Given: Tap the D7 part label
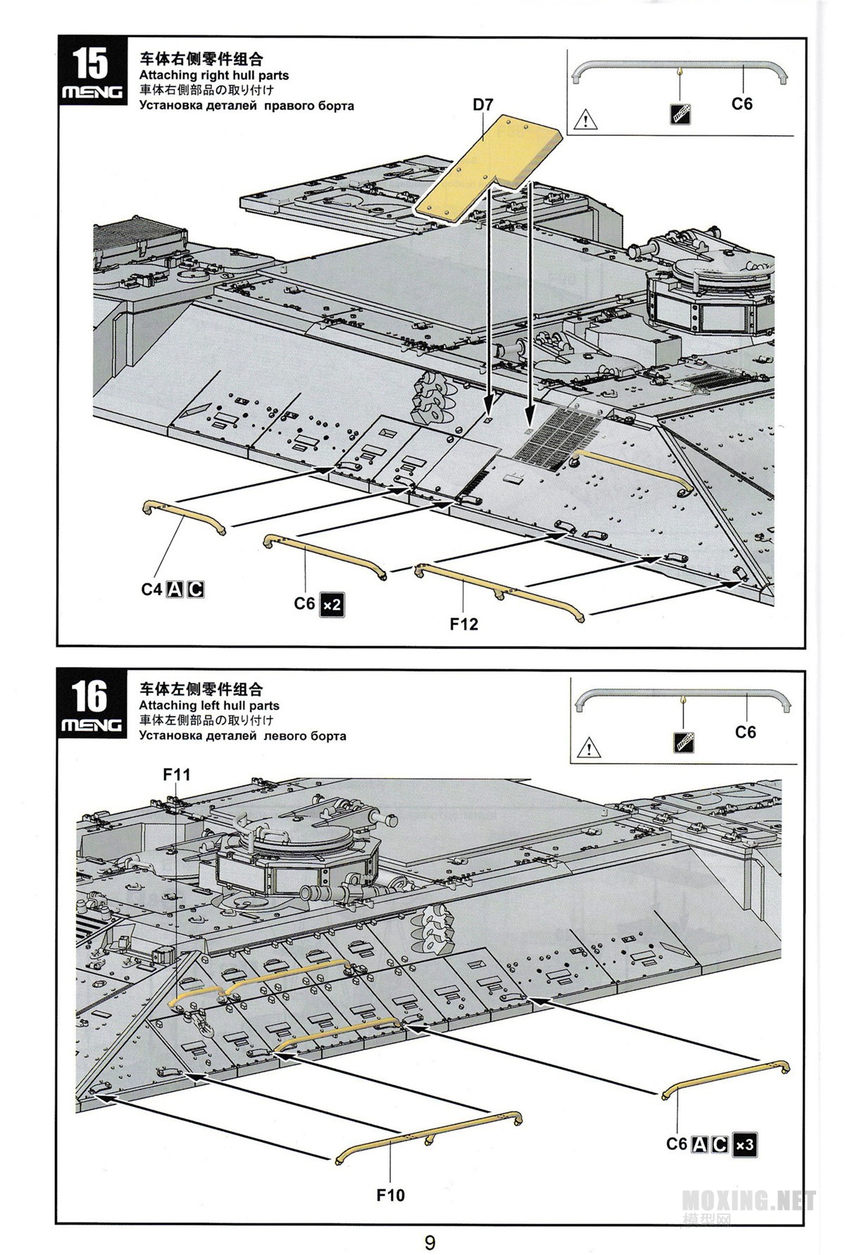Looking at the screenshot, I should pyautogui.click(x=483, y=104).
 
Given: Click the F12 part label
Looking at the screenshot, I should pyautogui.click(x=464, y=624).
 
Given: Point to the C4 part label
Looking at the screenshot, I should pyautogui.click(x=151, y=589).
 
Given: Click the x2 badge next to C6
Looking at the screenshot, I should pyautogui.click(x=332, y=605).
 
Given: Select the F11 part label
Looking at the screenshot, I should pyautogui.click(x=177, y=774).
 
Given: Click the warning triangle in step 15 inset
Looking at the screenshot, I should pyautogui.click(x=584, y=120).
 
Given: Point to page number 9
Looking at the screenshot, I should pyautogui.click(x=430, y=1242).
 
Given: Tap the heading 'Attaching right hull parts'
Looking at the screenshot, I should pyautogui.click(x=214, y=75).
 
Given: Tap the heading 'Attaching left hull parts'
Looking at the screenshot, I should pyautogui.click(x=209, y=705).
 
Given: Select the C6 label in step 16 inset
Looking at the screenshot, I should pyautogui.click(x=746, y=732).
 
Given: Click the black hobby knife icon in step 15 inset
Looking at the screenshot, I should pyautogui.click(x=680, y=113).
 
